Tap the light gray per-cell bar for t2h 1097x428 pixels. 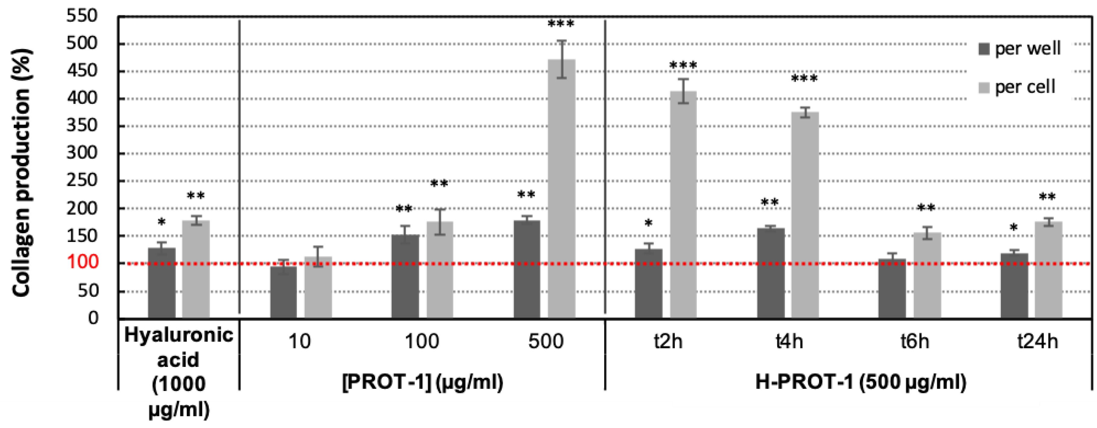(683, 204)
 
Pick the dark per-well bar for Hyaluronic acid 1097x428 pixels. (162, 283)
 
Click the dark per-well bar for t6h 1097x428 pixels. (892, 288)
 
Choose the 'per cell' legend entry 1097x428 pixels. (1017, 87)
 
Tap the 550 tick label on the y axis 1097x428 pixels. (82, 16)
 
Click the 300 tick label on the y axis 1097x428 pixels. (82, 153)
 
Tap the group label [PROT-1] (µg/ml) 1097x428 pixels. (423, 382)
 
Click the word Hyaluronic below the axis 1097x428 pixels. (178, 335)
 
